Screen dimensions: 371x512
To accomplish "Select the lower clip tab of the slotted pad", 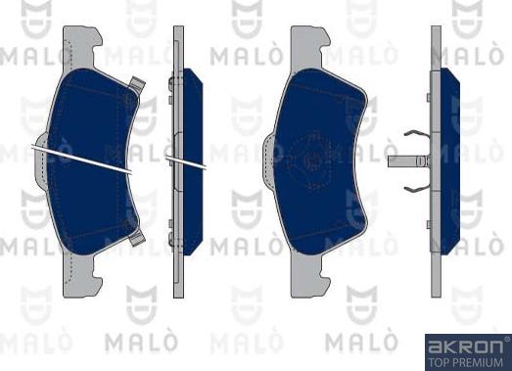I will (136, 236).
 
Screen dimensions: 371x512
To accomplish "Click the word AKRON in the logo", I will (461, 346).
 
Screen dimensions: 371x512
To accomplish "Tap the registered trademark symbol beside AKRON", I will (504, 341).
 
